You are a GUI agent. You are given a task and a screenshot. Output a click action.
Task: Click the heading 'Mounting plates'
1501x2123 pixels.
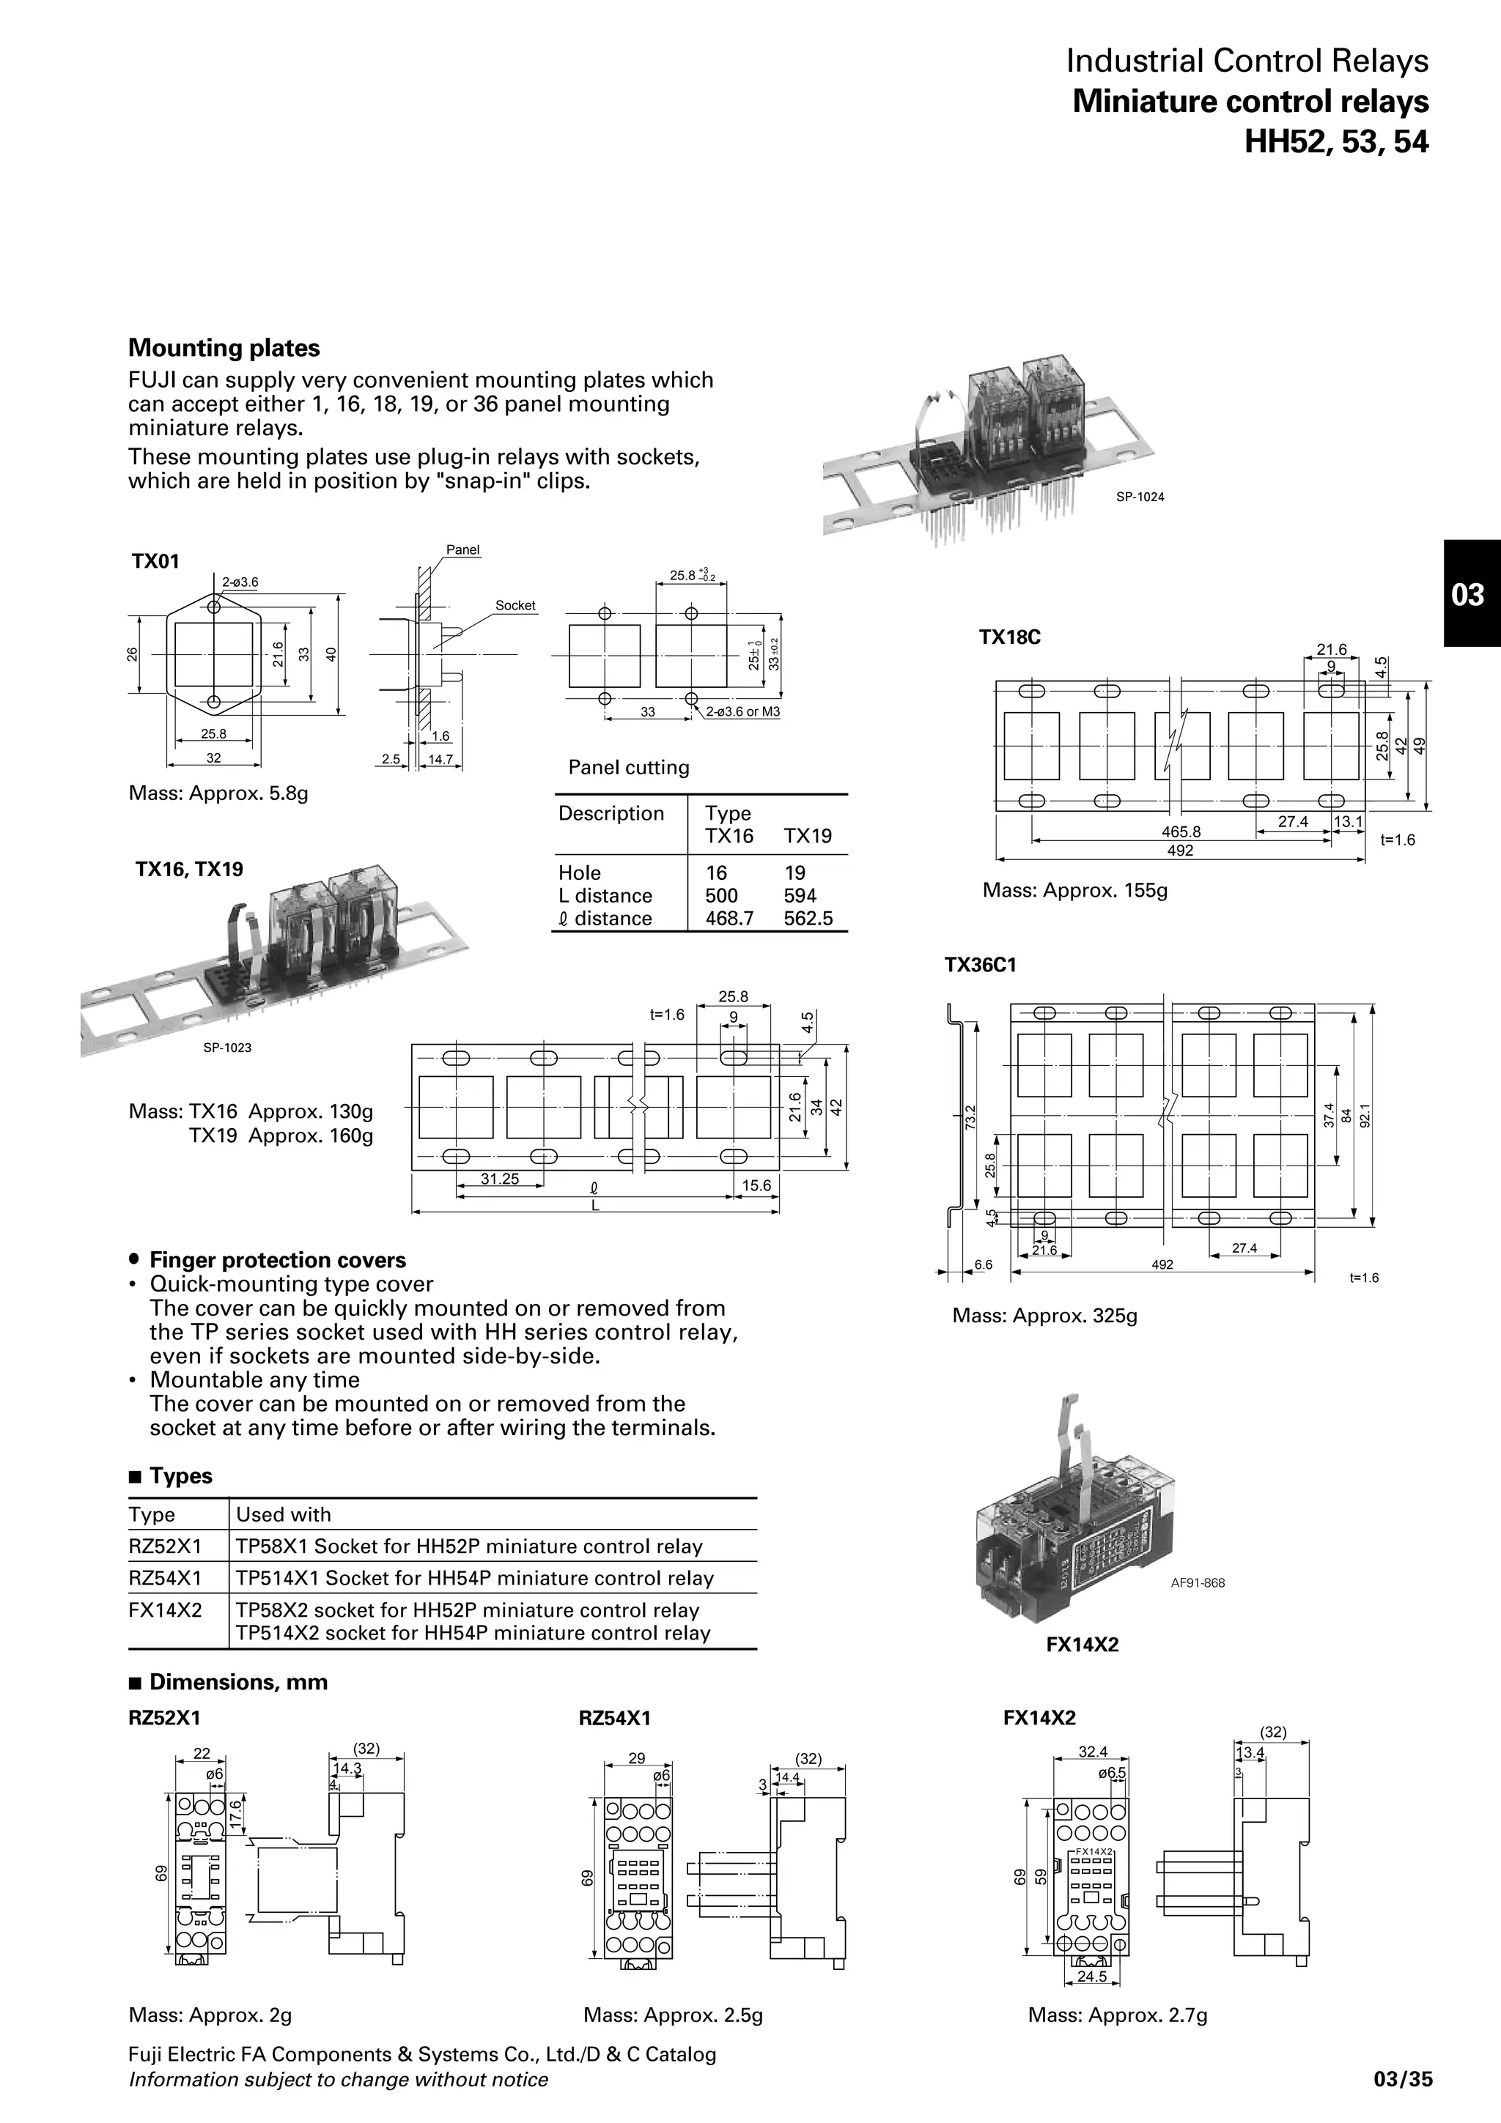tap(224, 348)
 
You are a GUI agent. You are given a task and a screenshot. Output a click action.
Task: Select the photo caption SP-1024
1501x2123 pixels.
tap(1140, 497)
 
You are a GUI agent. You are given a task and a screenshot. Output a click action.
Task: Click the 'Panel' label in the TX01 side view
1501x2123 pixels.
tap(462, 549)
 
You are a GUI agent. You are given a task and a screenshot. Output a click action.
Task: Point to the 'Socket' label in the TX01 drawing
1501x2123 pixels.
tap(515, 606)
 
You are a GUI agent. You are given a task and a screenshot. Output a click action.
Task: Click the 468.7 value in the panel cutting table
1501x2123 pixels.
tap(729, 918)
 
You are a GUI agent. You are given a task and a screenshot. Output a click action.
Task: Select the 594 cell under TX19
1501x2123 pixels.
tap(800, 895)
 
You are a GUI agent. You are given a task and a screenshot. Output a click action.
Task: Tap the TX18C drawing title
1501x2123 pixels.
tap(1009, 637)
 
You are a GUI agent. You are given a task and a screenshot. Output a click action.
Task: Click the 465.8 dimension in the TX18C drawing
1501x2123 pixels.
tap(1181, 831)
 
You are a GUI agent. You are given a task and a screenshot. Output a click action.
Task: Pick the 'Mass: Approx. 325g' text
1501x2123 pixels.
tap(1044, 1315)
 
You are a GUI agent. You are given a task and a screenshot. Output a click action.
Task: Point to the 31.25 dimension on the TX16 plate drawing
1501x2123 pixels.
tap(499, 1179)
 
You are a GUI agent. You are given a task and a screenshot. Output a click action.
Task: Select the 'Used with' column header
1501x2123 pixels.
tap(283, 1514)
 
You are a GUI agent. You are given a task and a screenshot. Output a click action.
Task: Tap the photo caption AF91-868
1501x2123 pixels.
tap(1197, 1583)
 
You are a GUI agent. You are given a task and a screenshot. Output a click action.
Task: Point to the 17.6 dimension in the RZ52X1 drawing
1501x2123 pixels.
tap(235, 1812)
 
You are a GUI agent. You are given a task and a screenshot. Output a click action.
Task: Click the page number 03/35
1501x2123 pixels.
tap(1403, 2080)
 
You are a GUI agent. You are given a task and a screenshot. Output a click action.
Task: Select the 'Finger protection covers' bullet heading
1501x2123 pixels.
tap(278, 1260)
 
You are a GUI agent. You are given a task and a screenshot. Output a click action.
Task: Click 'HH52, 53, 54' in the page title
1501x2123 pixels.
tap(1335, 141)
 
